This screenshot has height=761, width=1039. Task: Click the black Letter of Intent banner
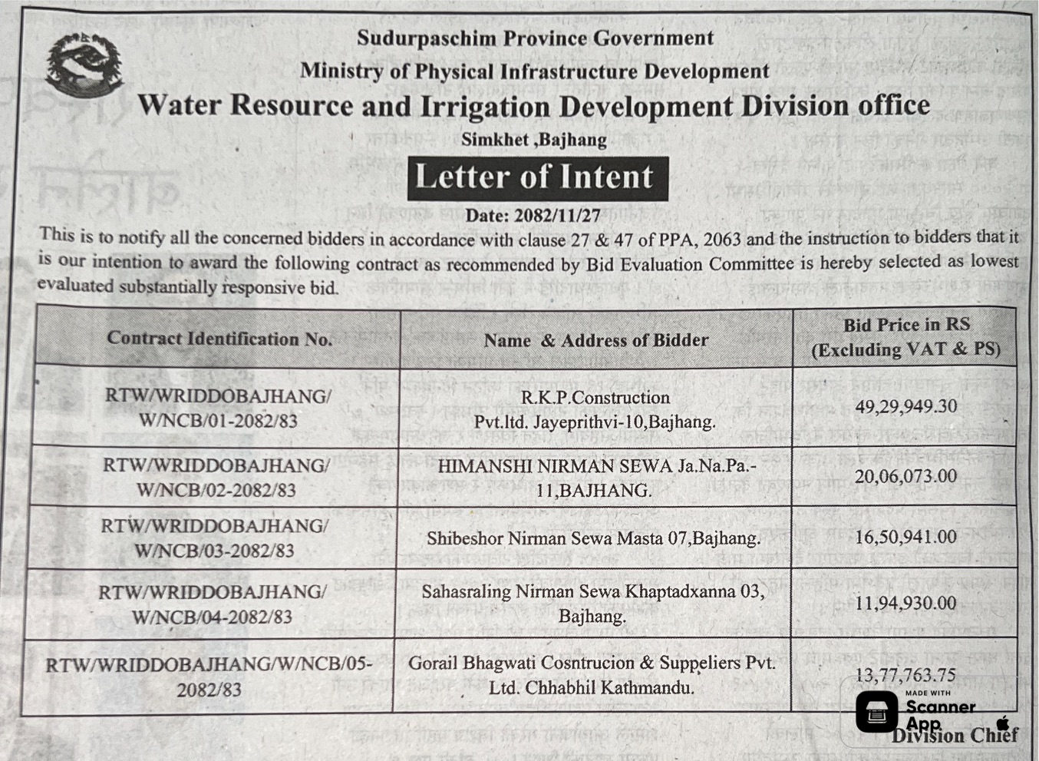536,177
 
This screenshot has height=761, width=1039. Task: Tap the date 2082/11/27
533,215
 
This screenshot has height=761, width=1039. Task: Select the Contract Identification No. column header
219,338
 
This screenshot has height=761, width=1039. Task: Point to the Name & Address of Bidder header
595,339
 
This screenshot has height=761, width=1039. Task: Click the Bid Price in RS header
906,336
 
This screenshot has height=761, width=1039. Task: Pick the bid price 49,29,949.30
906,405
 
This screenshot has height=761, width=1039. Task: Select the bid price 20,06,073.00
906,476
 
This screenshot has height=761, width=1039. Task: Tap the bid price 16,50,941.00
906,537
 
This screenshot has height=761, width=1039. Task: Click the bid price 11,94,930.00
906,603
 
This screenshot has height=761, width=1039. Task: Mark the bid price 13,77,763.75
906,675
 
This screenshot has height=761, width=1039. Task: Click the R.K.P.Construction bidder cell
595,409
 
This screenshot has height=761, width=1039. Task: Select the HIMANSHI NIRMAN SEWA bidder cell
595,478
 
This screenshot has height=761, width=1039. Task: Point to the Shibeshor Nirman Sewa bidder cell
593,538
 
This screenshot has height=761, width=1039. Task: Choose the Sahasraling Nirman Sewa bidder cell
592,604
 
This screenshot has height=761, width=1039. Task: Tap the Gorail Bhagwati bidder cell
592,675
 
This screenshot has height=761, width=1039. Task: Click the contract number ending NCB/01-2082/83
219,409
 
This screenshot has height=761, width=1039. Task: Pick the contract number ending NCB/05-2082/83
209,677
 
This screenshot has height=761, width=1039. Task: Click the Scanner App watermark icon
876,712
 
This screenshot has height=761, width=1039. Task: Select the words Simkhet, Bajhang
533,140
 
